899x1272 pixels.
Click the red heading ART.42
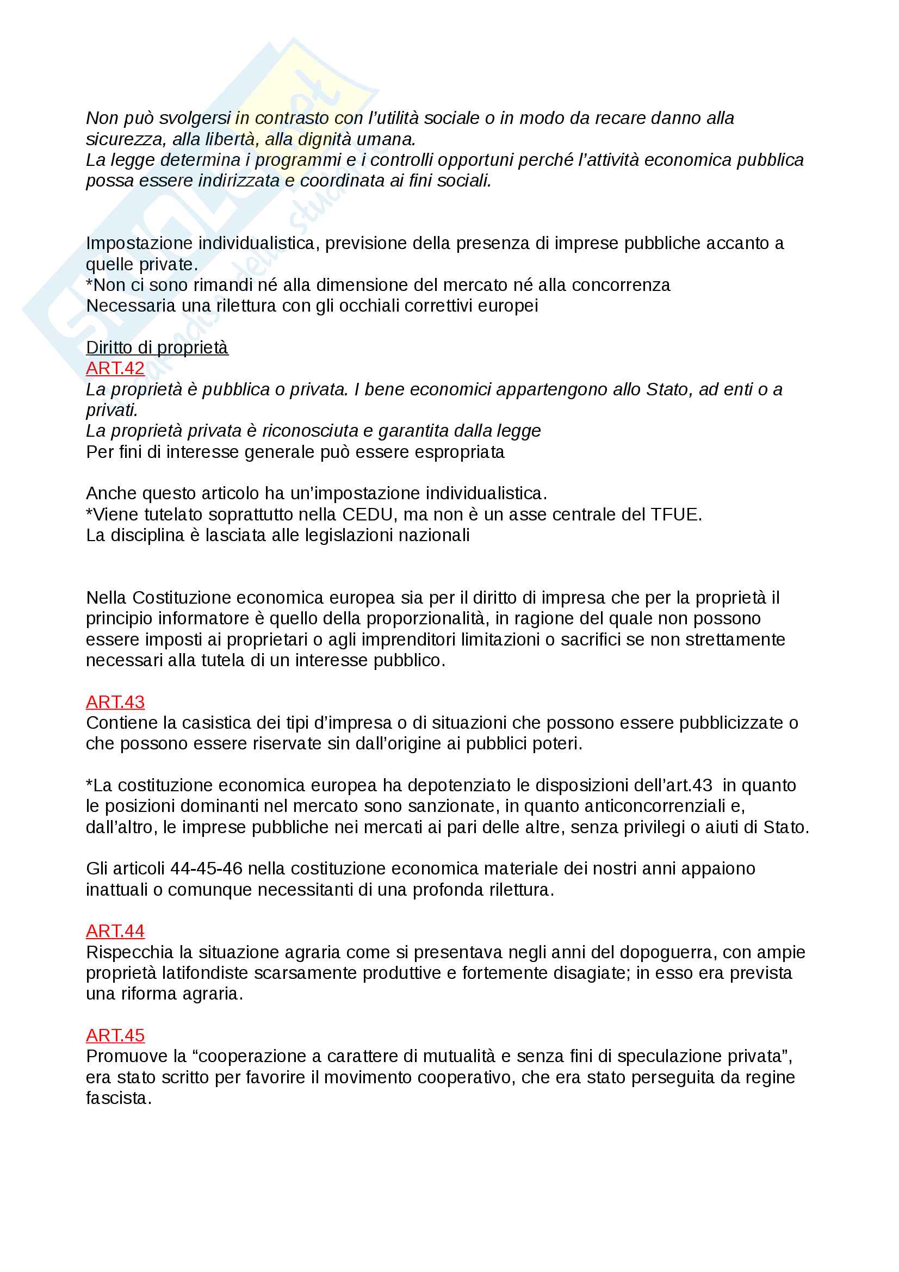(115, 368)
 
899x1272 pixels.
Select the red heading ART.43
(115, 702)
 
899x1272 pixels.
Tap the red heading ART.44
(115, 931)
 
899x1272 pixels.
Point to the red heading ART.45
(115, 1035)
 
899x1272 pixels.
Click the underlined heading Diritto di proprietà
(157, 348)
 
